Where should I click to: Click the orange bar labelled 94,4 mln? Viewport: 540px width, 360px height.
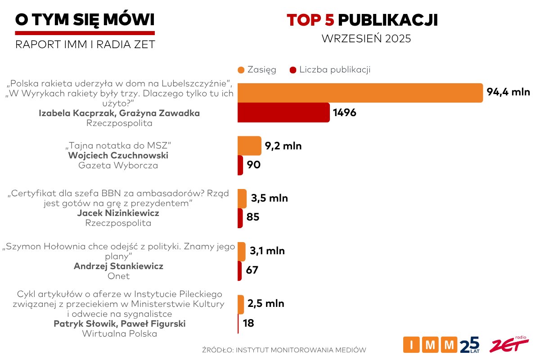(x=360, y=93)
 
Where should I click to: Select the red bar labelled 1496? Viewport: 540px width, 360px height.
(x=283, y=112)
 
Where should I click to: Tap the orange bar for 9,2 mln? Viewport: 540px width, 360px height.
(x=249, y=146)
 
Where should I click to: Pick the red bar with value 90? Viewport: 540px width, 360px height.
(x=240, y=165)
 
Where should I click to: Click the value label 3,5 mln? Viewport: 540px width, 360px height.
(x=270, y=198)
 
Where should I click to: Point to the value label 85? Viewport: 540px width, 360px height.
(x=253, y=218)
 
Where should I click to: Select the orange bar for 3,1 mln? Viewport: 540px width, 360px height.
(x=242, y=251)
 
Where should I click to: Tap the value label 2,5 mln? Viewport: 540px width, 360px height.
(x=266, y=304)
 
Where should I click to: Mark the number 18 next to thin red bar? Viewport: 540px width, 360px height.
(x=248, y=323)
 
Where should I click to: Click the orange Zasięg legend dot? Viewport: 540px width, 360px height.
(x=241, y=70)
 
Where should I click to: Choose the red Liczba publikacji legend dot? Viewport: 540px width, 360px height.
(x=293, y=70)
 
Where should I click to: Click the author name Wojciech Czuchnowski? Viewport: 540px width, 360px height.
(x=118, y=156)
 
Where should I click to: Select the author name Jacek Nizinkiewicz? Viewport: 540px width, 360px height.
(x=118, y=213)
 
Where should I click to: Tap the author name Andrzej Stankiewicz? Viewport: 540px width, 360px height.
(x=118, y=266)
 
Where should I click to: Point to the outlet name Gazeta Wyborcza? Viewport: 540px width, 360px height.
(x=118, y=166)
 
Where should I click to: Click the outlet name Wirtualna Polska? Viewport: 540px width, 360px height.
(x=119, y=333)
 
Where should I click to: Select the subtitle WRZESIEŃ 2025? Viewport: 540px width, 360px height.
(x=366, y=39)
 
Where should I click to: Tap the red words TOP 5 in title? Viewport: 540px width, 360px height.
(x=310, y=20)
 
